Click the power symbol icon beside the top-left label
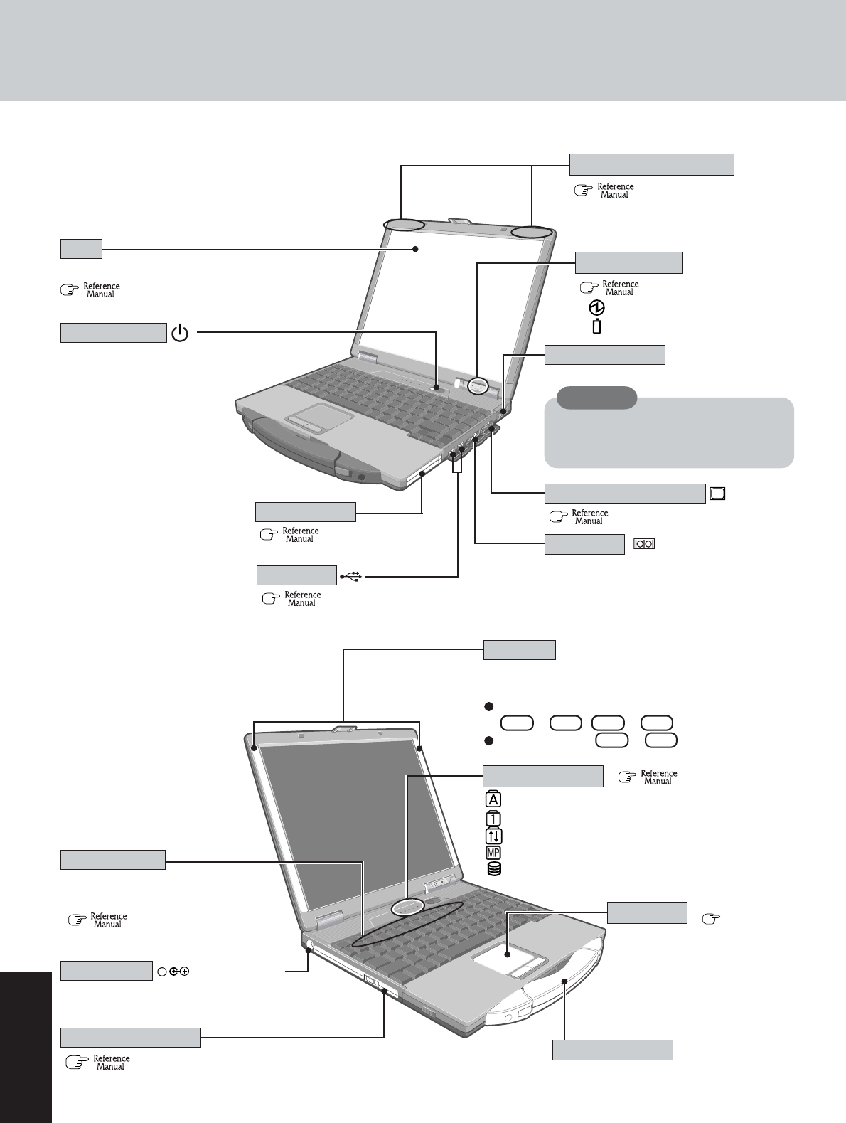click(x=181, y=332)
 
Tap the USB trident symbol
click(x=352, y=576)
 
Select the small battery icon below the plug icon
click(x=596, y=326)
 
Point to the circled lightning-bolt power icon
click(x=597, y=308)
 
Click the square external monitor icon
click(x=717, y=494)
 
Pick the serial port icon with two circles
click(x=644, y=544)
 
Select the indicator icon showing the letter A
click(x=492, y=799)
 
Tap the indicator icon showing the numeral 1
click(x=492, y=817)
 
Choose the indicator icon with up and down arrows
click(x=492, y=835)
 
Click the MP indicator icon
click(x=493, y=852)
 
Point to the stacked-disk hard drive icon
click(x=493, y=868)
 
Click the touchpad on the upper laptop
click(x=309, y=415)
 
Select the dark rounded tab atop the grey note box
click(x=596, y=398)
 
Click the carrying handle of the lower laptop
click(x=565, y=981)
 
